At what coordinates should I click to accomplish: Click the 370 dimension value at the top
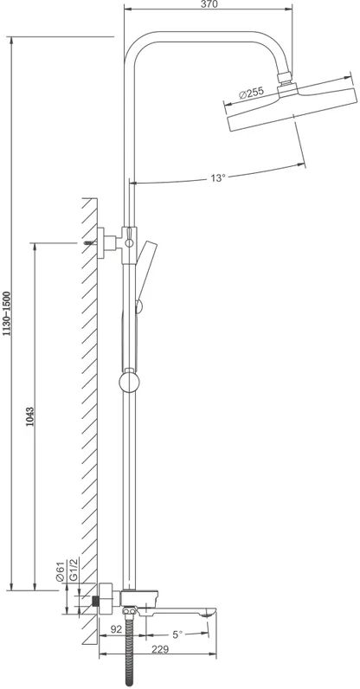[209, 4]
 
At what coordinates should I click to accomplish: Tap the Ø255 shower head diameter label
[252, 93]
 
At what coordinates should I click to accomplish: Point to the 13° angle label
[217, 178]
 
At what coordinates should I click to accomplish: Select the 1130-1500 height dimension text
[7, 313]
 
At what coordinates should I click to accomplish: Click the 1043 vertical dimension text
[30, 417]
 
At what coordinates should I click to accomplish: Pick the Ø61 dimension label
[61, 570]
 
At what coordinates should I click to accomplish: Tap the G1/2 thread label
[74, 570]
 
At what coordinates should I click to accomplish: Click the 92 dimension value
[116, 629]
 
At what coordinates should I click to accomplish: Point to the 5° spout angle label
[177, 634]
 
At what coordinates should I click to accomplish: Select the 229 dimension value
[159, 649]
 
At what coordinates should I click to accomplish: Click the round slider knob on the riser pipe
[129, 381]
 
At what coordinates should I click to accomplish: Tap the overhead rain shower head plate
[292, 106]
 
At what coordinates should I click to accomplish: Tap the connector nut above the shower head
[285, 77]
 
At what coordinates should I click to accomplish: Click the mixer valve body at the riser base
[138, 597]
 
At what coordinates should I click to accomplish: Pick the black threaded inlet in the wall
[94, 600]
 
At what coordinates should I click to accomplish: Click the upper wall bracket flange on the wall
[101, 243]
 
